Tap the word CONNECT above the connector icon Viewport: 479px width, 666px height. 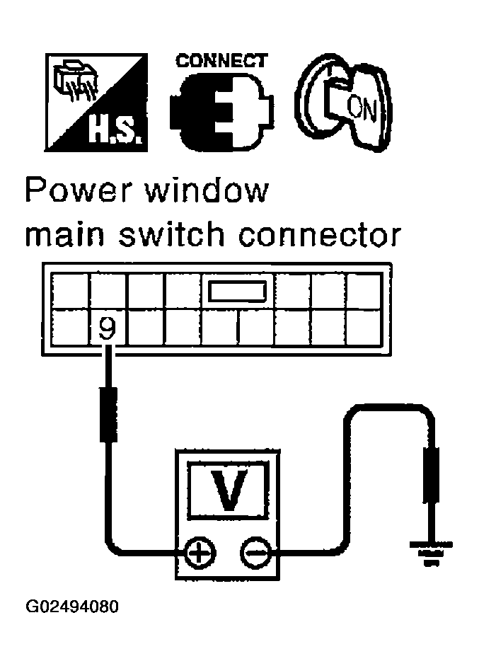point(221,61)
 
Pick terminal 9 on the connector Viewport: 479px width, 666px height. point(107,328)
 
